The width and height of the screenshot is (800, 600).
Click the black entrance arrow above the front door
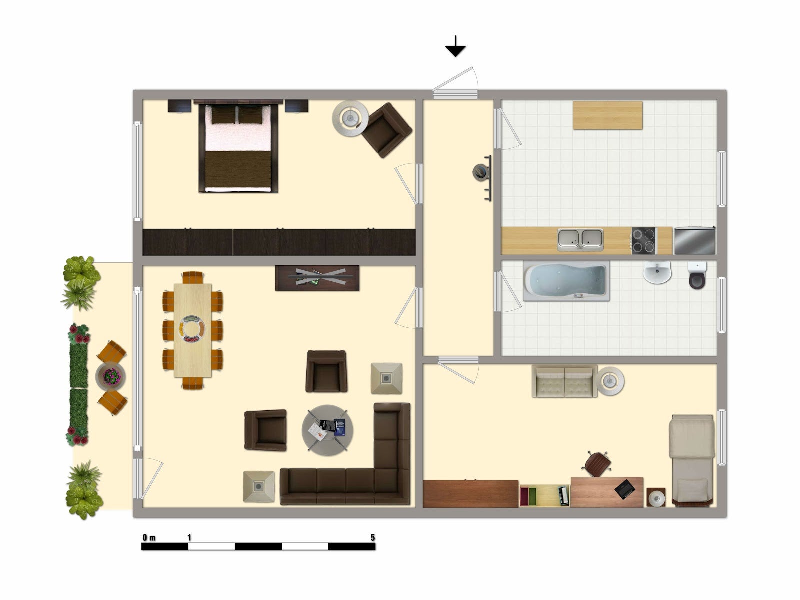pos(455,47)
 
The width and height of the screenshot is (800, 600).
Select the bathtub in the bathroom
pos(566,281)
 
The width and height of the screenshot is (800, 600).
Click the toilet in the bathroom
pos(697,275)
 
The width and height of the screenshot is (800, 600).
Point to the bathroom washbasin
pos(657,272)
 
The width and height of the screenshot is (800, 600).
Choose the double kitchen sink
pos(580,239)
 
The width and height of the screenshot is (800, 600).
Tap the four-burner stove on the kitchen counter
pos(644,240)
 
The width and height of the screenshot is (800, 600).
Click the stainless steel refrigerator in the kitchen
pos(695,241)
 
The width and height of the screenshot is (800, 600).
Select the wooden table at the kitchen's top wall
pos(607,115)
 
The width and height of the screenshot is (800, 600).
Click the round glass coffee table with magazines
pos(327,430)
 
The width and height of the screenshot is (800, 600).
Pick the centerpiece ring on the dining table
pos(192,329)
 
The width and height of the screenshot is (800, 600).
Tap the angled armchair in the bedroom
pos(386,130)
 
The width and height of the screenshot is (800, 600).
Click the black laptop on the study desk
pos(625,489)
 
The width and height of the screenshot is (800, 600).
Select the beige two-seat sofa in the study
pos(564,381)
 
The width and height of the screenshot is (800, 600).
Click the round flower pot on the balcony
pos(111,376)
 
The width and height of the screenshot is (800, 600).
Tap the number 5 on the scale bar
pos(372,537)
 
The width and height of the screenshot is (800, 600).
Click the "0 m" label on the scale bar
pos(149,537)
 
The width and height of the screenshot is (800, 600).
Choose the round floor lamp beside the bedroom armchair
pos(350,118)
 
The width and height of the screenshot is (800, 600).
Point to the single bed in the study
pos(692,461)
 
